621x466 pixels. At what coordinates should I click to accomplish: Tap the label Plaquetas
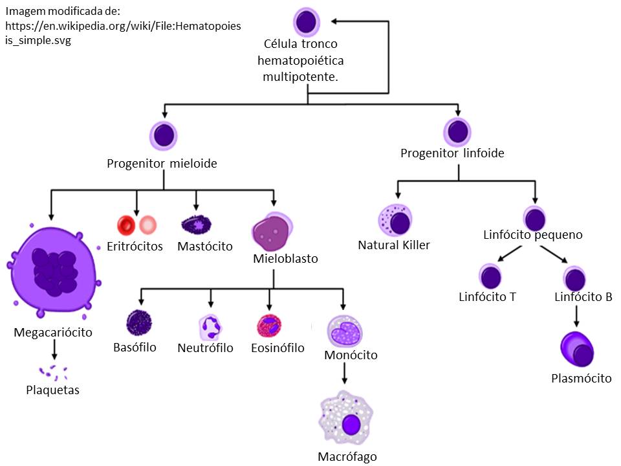53,390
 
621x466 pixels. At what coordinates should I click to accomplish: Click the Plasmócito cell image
577,350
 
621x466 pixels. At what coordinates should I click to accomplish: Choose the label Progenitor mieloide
162,163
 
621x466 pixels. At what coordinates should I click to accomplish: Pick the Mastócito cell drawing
197,224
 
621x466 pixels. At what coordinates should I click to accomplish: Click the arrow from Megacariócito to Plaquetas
54,349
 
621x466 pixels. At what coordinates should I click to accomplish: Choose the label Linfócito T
486,297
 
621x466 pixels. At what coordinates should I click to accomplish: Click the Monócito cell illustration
342,330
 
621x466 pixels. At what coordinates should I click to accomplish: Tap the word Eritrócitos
134,247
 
